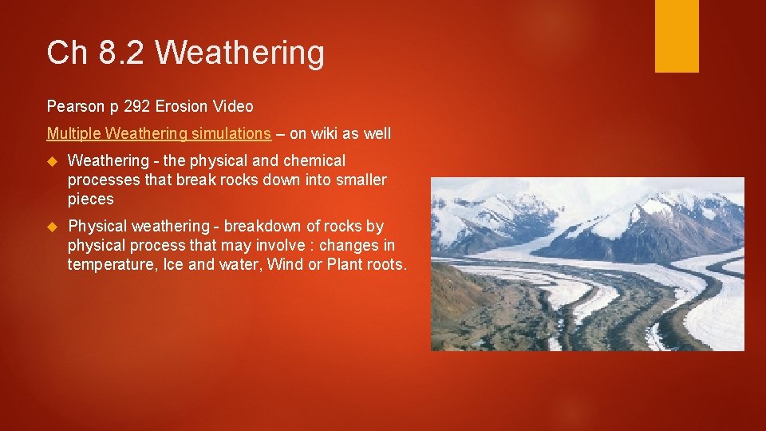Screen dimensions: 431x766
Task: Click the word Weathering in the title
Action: point(239,53)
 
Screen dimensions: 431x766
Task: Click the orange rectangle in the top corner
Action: point(677,36)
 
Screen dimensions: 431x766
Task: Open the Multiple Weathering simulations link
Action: point(159,133)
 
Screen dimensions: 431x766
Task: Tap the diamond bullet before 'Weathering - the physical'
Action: point(53,161)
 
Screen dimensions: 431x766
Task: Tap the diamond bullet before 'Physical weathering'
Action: point(53,227)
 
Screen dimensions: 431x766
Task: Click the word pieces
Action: point(90,199)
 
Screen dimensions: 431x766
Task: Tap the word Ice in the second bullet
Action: point(173,264)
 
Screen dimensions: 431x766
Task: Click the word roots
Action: point(385,264)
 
